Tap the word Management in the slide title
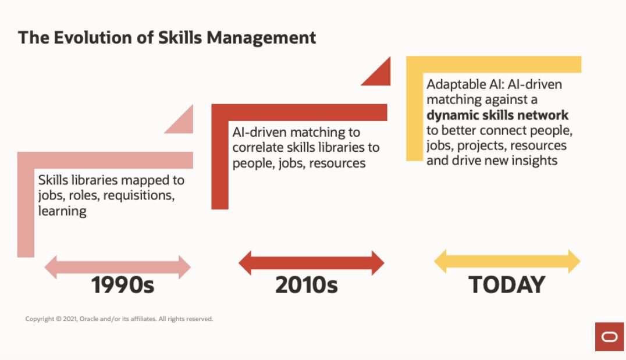(261, 38)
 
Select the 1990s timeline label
(123, 285)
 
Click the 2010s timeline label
(307, 285)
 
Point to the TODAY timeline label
(507, 284)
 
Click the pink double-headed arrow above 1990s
(118, 267)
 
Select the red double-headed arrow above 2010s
(311, 263)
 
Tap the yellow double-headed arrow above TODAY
(507, 261)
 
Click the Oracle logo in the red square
(609, 337)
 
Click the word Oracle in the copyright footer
(88, 319)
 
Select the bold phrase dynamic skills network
(497, 115)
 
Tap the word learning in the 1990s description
(62, 211)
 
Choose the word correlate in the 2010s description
(258, 147)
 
